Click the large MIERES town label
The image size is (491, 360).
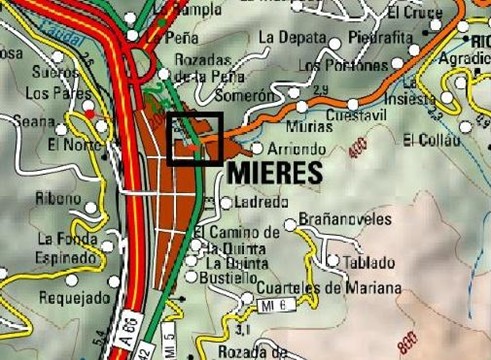click(x=276, y=172)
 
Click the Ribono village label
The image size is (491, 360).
click(x=58, y=198)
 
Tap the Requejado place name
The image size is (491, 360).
click(x=71, y=297)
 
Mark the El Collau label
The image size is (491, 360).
click(x=430, y=139)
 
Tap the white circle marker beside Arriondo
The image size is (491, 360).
click(x=257, y=149)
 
